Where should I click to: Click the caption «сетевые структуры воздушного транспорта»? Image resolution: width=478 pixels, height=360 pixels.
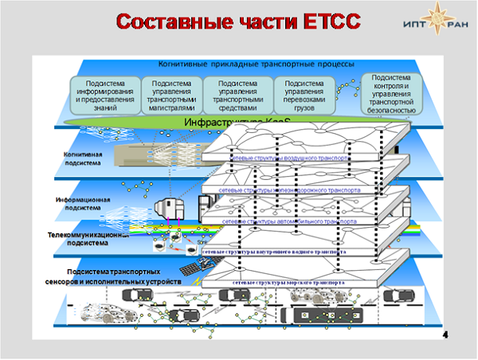(x=288, y=158)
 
